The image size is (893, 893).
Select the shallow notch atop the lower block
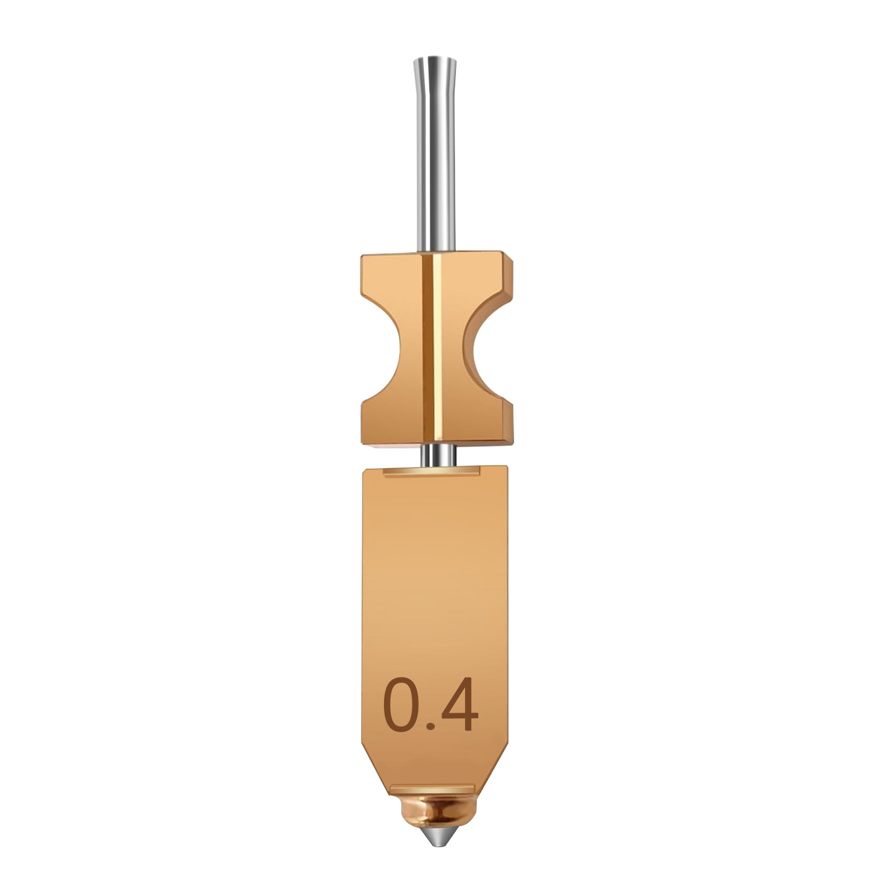[433, 473]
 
